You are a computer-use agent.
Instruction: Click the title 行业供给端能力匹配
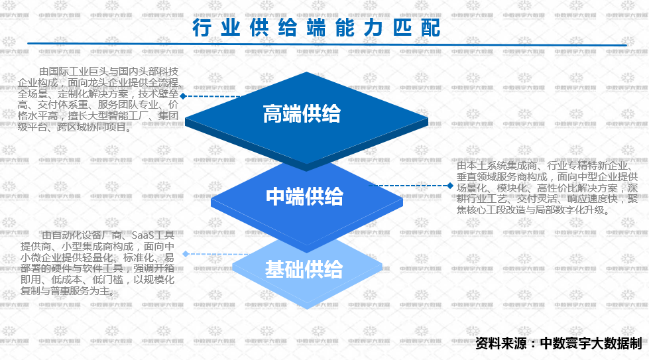(x=316, y=29)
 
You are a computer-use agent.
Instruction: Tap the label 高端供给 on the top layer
(x=302, y=114)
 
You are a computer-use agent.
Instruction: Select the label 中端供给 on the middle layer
(x=304, y=196)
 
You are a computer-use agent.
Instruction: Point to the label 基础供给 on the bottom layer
(x=304, y=269)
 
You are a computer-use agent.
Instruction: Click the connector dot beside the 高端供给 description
(x=183, y=95)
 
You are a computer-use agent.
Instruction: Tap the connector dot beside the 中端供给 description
(x=450, y=186)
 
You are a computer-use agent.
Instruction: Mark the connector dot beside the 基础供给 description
(x=186, y=253)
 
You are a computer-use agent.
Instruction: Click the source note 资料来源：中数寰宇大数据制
(x=559, y=343)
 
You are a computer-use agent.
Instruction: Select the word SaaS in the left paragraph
(x=144, y=235)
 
